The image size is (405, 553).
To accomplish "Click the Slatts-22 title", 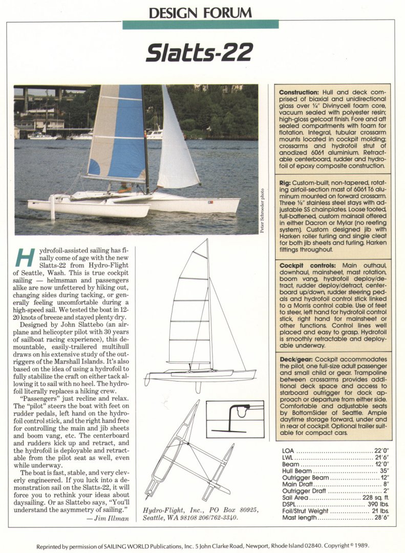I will point(199,52).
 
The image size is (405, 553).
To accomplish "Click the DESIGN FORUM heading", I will point(200,12).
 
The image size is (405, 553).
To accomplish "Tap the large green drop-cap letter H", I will point(24,257).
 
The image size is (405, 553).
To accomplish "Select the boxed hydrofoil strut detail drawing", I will point(235,419).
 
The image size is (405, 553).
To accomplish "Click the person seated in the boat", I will point(124,187).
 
